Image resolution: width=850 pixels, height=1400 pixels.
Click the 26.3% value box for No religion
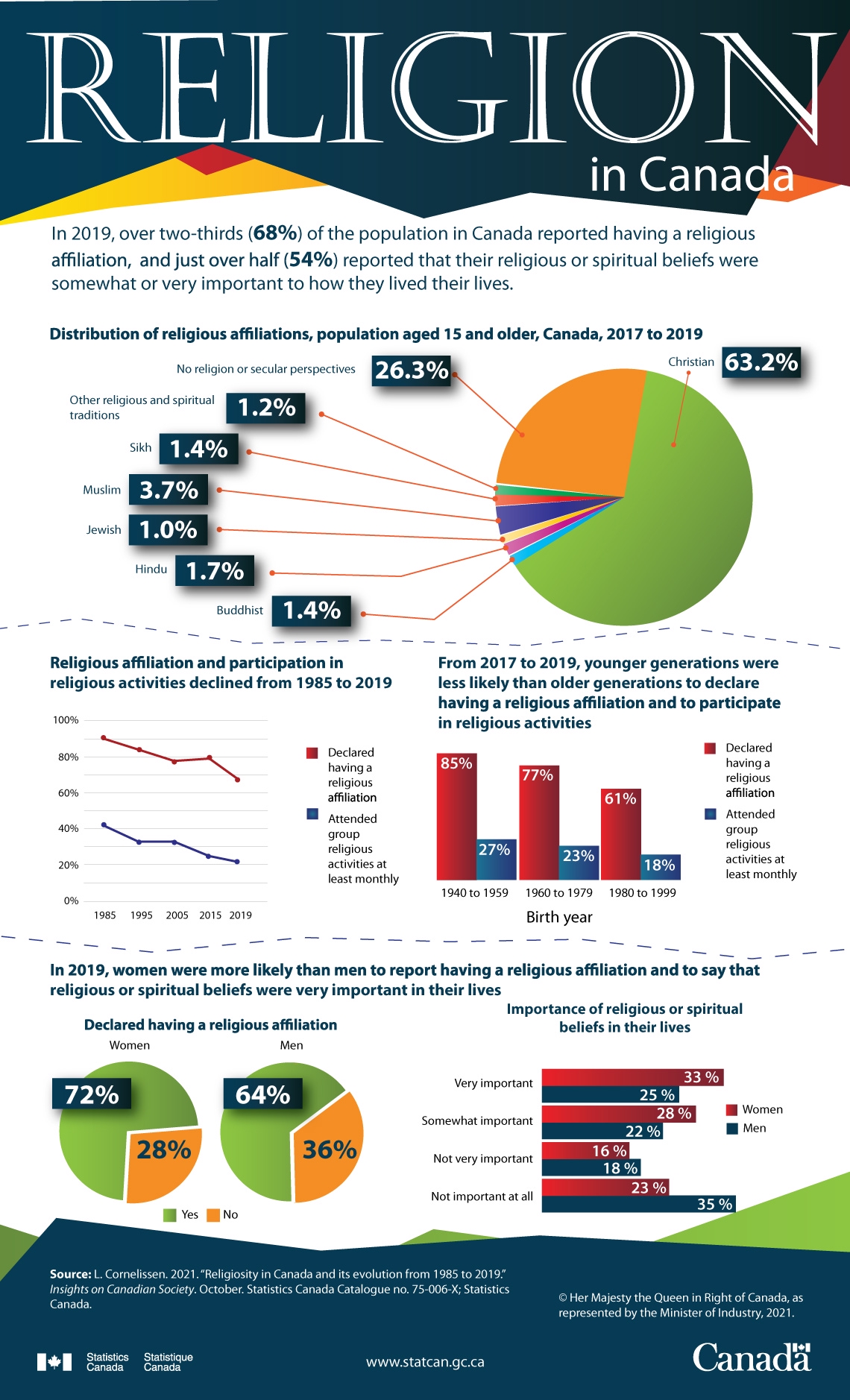point(412,370)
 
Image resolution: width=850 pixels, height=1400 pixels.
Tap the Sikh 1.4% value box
point(198,449)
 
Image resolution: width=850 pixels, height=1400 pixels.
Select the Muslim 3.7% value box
point(169,490)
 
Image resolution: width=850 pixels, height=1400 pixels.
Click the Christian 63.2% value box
point(761,362)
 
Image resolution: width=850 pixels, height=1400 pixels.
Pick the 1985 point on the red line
point(104,738)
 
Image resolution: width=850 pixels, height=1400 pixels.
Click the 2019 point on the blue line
point(237,862)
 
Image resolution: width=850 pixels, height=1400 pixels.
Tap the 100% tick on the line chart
point(66,720)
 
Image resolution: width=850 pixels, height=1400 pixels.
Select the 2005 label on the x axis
point(177,915)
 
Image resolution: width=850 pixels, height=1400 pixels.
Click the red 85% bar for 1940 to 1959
point(456,816)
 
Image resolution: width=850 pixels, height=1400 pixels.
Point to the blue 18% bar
point(661,867)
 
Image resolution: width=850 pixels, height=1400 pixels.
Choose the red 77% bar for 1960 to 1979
point(538,822)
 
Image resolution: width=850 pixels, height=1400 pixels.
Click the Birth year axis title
point(559,917)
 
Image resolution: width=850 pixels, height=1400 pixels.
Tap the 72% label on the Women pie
point(92,1094)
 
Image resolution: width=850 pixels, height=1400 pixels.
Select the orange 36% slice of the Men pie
point(327,1147)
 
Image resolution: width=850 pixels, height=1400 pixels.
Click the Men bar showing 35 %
point(638,1204)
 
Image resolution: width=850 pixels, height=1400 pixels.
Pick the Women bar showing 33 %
point(632,1077)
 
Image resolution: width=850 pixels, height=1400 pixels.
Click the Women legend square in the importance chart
point(731,1109)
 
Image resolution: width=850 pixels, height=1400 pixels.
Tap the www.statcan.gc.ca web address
point(425,1362)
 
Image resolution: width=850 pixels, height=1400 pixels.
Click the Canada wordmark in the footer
point(752,1357)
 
